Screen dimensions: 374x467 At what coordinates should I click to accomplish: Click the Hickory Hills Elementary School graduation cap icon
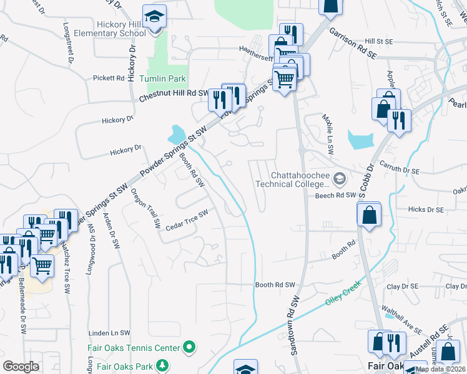153,17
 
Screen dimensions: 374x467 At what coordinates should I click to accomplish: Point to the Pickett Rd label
109,78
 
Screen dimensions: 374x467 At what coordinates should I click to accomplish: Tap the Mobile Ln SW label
328,127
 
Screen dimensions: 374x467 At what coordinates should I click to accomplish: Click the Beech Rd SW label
335,194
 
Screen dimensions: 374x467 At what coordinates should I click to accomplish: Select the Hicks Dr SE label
426,210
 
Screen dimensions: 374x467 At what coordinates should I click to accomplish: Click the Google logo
21,367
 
